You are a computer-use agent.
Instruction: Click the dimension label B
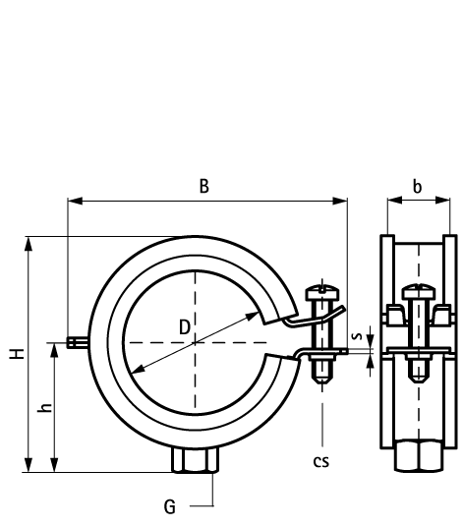[x=204, y=186]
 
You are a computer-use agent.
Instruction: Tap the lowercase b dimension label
[x=417, y=186]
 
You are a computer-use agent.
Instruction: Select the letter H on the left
[x=17, y=354]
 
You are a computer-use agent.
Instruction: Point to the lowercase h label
[x=45, y=407]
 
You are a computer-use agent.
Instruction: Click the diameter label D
[x=184, y=327]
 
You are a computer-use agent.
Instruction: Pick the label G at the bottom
[x=170, y=506]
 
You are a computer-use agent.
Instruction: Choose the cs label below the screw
[x=320, y=462]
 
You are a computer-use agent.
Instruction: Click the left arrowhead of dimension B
[x=75, y=201]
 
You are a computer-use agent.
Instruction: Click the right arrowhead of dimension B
[x=340, y=201]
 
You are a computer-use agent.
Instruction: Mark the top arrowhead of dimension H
[x=29, y=244]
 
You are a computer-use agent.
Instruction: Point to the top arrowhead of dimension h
[x=54, y=350]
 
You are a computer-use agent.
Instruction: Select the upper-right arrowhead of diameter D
[x=253, y=317]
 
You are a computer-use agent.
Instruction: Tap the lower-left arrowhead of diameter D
[x=138, y=369]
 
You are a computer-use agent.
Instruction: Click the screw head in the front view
[x=322, y=292]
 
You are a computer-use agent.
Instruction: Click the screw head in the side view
[x=419, y=292]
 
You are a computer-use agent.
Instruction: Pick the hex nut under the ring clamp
[x=196, y=460]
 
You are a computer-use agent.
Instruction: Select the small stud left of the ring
[x=78, y=342]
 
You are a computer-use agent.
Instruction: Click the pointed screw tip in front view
[x=322, y=381]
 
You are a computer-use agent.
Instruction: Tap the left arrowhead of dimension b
[x=394, y=201]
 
